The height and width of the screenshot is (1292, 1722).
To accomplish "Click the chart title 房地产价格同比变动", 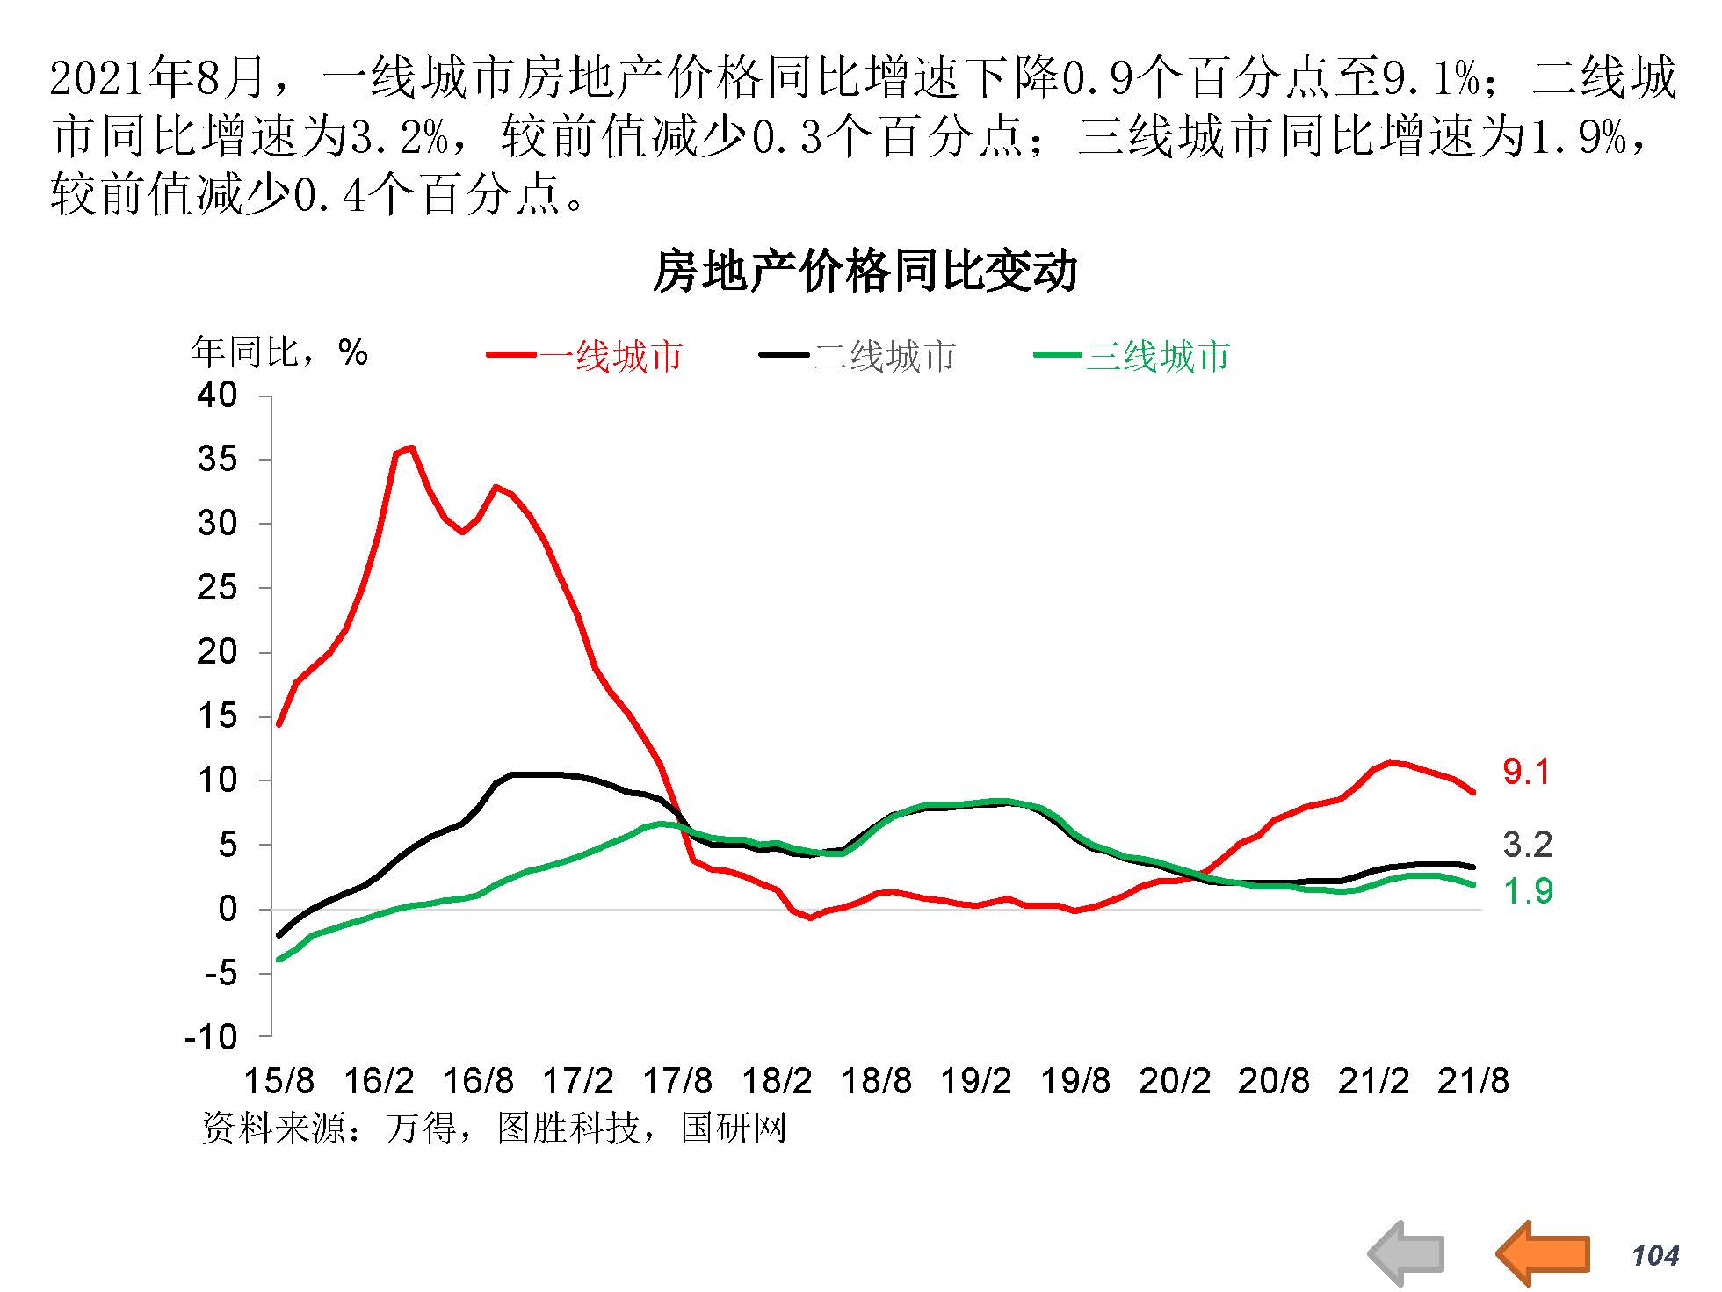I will [865, 272].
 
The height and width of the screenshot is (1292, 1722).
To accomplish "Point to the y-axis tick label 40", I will [217, 396].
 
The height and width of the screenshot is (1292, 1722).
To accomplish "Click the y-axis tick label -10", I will [211, 1037].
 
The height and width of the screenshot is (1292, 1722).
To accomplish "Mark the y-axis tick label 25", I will [217, 587].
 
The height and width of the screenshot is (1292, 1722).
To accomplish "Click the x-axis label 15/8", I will [279, 1081].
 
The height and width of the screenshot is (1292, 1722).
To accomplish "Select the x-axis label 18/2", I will [777, 1081].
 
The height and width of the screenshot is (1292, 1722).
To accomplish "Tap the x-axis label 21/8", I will [1473, 1081].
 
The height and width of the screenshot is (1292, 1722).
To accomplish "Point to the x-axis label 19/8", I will [1075, 1081].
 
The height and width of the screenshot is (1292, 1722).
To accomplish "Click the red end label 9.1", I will [1527, 772].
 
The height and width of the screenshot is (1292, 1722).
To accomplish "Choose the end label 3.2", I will [1528, 845].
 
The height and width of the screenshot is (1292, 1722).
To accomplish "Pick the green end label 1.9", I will [1528, 891].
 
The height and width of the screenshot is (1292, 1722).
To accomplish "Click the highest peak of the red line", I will [411, 447].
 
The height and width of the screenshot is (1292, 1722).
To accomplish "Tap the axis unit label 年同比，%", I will [279, 352].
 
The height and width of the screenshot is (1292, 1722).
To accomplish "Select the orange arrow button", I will [1544, 1252].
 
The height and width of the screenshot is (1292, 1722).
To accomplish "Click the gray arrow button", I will [1407, 1252].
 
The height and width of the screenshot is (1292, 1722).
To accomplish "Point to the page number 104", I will [1655, 1255].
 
